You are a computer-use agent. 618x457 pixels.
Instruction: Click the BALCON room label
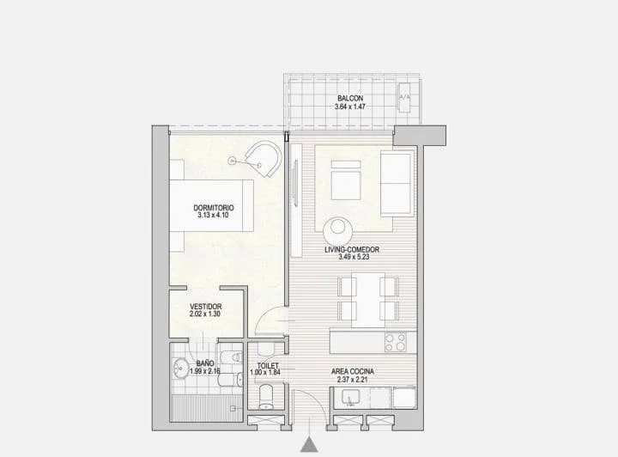[x=349, y=98]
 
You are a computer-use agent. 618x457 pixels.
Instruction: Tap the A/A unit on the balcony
[x=405, y=96]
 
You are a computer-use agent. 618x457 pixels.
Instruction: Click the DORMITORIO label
[x=213, y=208]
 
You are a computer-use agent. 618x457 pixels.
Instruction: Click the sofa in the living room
[x=397, y=184]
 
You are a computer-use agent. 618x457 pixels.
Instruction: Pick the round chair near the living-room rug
[x=336, y=230]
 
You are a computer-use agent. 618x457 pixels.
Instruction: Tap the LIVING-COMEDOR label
[x=352, y=250]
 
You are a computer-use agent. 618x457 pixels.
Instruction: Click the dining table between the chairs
[x=367, y=299]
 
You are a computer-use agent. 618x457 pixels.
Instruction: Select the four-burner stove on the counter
[x=396, y=342]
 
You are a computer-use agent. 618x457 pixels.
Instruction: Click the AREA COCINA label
[x=353, y=372]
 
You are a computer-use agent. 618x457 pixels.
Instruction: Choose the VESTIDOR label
[x=206, y=307]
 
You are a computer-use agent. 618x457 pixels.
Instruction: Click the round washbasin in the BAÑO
[x=181, y=369]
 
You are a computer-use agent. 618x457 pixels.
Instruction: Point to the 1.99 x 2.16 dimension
[x=205, y=372]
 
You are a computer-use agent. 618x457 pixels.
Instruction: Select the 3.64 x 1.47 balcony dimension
[x=349, y=107]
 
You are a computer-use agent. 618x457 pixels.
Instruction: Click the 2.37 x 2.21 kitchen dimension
[x=353, y=381]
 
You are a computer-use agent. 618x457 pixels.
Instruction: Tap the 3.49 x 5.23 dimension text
[x=352, y=259]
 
